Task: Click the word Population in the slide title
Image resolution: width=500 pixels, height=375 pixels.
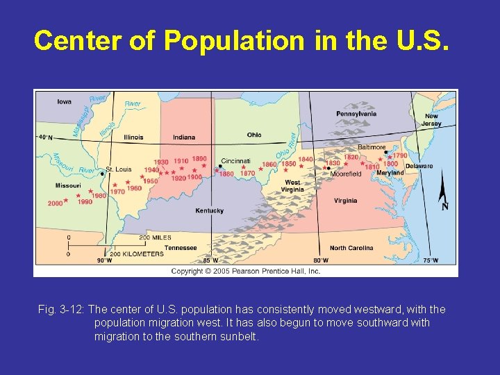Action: (x=234, y=41)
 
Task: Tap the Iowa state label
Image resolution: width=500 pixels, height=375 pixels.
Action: (x=64, y=101)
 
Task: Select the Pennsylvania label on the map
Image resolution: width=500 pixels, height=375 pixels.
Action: (x=356, y=114)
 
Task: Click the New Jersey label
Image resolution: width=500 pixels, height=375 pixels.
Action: (x=431, y=120)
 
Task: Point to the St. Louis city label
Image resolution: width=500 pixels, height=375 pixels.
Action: (x=118, y=169)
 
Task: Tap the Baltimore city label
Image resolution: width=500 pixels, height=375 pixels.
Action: (x=372, y=147)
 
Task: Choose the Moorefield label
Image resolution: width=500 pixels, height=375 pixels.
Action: (x=346, y=174)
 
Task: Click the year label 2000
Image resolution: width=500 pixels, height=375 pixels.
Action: (x=55, y=203)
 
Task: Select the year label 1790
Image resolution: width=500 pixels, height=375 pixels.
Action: (x=399, y=156)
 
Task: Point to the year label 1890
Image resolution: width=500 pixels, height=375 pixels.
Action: (x=199, y=159)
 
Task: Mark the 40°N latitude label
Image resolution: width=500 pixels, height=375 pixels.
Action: (x=45, y=137)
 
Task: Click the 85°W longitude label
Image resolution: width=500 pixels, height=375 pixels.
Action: (x=210, y=260)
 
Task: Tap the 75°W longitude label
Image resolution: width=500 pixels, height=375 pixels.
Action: (x=431, y=260)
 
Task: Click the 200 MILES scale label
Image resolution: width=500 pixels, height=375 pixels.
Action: (x=155, y=237)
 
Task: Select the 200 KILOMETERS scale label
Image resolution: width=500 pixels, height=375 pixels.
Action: (x=137, y=253)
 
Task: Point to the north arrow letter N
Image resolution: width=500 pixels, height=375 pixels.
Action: (x=444, y=206)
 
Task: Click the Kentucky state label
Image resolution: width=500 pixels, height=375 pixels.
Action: (x=209, y=210)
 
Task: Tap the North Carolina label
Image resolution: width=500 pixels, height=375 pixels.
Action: (x=351, y=248)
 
